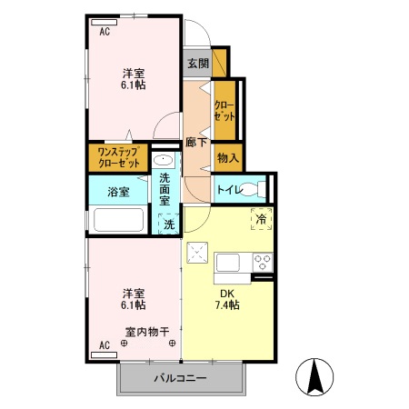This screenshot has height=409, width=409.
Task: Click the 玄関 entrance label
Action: point(197,64)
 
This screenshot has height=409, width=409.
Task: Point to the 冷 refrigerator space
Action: point(261,218)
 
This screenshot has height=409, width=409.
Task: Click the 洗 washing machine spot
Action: point(169,224)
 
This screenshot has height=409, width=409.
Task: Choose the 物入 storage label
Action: point(227,158)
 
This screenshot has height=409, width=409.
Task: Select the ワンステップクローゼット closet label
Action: point(118,158)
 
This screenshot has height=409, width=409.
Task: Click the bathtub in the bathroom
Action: point(119,221)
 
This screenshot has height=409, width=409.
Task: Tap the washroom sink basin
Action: point(166,159)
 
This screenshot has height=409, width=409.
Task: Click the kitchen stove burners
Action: point(263,263)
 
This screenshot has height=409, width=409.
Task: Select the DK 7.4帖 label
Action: point(227,300)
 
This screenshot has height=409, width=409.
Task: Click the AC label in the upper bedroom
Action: point(105,32)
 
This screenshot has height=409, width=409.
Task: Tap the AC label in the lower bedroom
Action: point(105,346)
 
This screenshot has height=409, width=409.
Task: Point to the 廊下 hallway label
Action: point(195,142)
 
